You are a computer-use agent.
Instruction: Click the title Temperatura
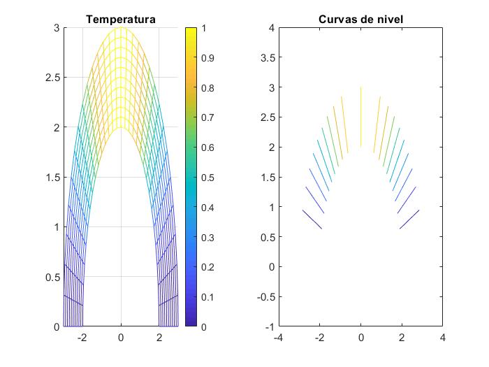pyautogui.click(x=121, y=20)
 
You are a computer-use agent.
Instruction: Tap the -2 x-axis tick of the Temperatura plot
pyautogui.click(x=81, y=337)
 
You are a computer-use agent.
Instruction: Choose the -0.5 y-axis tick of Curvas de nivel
pyautogui.click(x=263, y=296)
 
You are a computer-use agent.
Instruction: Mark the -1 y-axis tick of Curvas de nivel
pyautogui.click(x=268, y=326)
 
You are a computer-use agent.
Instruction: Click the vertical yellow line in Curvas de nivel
pyautogui.click(x=360, y=117)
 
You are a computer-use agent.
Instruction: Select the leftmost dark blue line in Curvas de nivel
pyautogui.click(x=312, y=220)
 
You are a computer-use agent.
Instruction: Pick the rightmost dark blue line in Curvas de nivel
pyautogui.click(x=409, y=220)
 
